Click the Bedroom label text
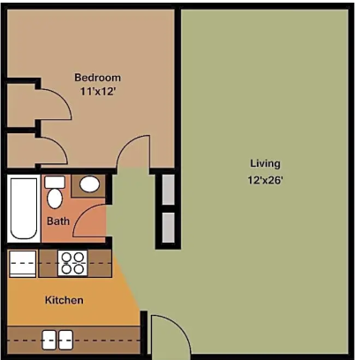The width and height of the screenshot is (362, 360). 96,77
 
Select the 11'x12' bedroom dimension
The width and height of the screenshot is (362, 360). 96,91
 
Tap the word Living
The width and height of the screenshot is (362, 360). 264,163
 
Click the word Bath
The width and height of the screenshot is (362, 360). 58,221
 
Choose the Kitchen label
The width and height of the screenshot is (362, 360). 64,300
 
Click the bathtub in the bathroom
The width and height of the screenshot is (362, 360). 23,208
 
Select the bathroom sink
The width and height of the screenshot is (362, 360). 90,185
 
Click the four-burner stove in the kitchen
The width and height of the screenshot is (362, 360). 72,262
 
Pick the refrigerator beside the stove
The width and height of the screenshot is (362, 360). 22,262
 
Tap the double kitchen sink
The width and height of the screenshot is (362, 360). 57,339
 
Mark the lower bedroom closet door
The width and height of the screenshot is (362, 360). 53,150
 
